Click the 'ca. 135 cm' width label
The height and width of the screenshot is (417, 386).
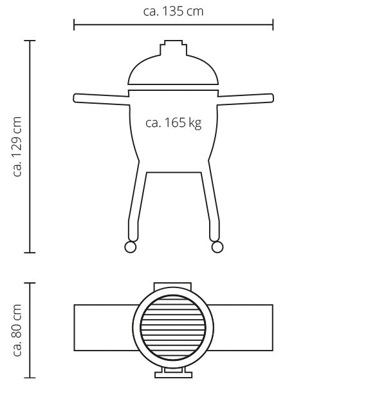click(x=173, y=12)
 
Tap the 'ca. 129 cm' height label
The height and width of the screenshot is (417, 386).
click(x=17, y=146)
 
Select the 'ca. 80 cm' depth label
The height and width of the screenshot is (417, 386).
click(x=17, y=330)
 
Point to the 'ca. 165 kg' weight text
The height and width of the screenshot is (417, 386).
click(x=174, y=123)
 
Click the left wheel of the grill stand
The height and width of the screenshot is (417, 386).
click(x=131, y=247)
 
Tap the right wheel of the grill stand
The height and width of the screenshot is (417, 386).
click(x=217, y=247)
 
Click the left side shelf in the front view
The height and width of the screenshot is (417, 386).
click(x=102, y=99)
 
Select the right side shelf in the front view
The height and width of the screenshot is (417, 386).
click(x=245, y=99)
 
